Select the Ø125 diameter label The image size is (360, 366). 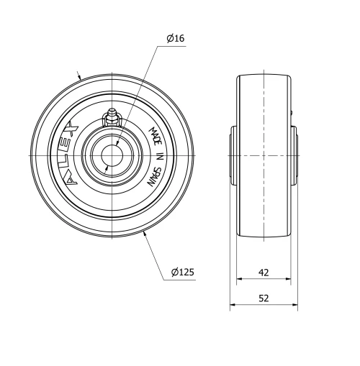click(x=182, y=272)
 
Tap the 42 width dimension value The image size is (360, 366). click(x=263, y=273)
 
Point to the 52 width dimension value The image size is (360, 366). click(x=263, y=298)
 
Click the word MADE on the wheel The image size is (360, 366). click(x=155, y=136)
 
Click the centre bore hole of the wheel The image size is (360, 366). click(x=112, y=155)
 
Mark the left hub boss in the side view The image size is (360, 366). click(x=233, y=155)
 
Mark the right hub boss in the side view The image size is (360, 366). click(x=293, y=155)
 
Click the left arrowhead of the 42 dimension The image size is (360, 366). click(x=240, y=280)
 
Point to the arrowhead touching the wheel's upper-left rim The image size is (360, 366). click(x=79, y=77)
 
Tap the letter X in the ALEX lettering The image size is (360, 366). click(x=71, y=129)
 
